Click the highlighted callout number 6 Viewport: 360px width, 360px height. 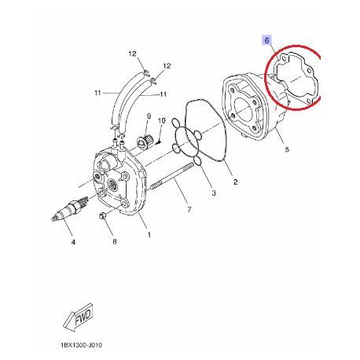pos(266,41)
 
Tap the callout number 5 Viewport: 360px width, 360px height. pos(287,149)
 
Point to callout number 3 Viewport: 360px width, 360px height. pos(214,193)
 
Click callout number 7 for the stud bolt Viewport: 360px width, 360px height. pos(189,209)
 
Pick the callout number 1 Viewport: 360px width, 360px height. pos(149,235)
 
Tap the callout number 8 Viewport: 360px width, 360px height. pos(115,241)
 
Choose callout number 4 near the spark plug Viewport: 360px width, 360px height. pos(73,242)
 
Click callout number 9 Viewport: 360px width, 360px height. pos(149,116)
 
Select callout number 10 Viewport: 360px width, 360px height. pos(162,121)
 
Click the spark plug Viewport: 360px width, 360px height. pos(70,208)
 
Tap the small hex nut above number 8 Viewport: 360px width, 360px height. pos(102,216)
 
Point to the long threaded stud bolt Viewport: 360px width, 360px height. pos(171,176)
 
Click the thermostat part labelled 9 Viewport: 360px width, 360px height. pos(144,140)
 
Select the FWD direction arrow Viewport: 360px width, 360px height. pos(79,317)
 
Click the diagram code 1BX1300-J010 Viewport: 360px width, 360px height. pos(82,345)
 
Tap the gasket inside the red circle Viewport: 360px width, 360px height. pos(296,78)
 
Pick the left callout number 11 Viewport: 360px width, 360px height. pos(97,93)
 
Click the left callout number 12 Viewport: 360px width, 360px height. pos(133,53)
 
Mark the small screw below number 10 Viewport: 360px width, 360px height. pos(159,142)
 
